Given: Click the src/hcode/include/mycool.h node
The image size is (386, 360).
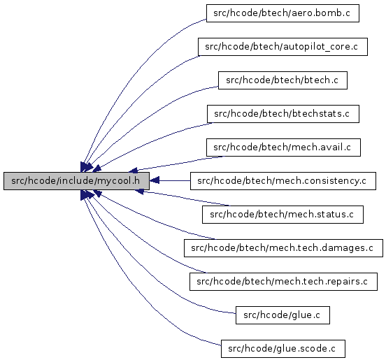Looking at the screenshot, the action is pyautogui.click(x=76, y=181).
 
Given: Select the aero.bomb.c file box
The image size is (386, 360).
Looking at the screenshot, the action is pyautogui.click(x=283, y=13).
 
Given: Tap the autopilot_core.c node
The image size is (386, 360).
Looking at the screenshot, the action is pyautogui.click(x=283, y=47).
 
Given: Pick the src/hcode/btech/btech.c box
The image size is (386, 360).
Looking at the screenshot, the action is pyautogui.click(x=283, y=80).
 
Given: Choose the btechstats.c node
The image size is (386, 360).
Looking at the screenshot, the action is pyautogui.click(x=283, y=114).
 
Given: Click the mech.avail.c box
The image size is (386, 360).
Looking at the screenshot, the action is pyautogui.click(x=283, y=147).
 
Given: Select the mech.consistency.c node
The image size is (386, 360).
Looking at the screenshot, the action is pyautogui.click(x=283, y=181).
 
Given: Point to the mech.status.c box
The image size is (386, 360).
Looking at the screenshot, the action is pyautogui.click(x=283, y=215).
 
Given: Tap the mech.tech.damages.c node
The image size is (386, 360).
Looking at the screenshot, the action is pyautogui.click(x=283, y=248).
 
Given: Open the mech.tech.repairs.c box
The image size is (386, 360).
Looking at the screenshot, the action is pyautogui.click(x=283, y=282).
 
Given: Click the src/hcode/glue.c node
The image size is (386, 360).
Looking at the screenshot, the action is pyautogui.click(x=283, y=315).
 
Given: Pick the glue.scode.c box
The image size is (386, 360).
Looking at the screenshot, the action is pyautogui.click(x=283, y=349).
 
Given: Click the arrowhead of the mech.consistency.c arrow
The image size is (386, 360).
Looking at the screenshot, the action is pyautogui.click(x=155, y=181).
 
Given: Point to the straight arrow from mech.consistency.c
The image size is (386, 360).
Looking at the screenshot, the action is pyautogui.click(x=170, y=181).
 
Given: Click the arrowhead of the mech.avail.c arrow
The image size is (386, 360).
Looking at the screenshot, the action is pyautogui.click(x=133, y=170).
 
